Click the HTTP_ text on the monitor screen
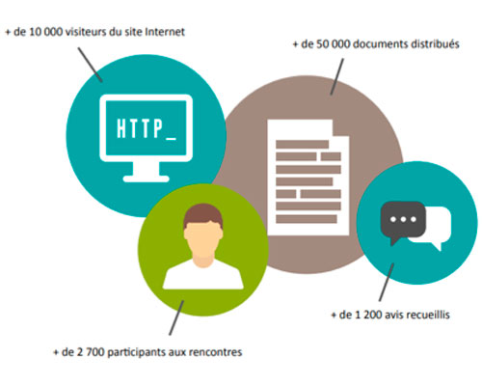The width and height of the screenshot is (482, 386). tap(147, 128)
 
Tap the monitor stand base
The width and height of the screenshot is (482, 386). tap(147, 179)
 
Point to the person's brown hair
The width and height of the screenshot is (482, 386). tap(203, 215)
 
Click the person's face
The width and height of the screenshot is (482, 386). tap(203, 239)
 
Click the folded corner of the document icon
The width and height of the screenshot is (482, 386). tap(340, 128)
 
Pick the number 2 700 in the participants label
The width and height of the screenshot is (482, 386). tap(87, 352)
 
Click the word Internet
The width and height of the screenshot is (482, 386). tap(165, 32)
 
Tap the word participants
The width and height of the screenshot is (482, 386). tap(137, 352)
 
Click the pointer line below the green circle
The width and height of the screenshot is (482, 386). tap(176, 317)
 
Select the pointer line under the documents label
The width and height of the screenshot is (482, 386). tap(337, 76)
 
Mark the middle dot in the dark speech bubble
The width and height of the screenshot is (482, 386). tap(403, 220)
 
